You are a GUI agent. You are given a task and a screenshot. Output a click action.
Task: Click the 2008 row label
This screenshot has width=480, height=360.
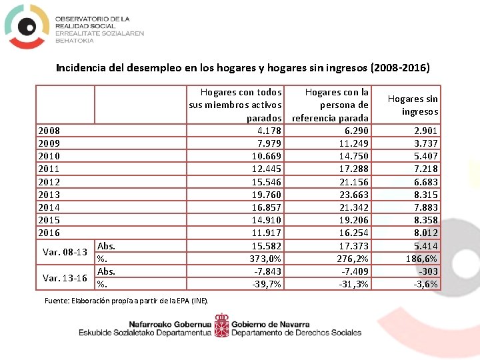coord(49,131)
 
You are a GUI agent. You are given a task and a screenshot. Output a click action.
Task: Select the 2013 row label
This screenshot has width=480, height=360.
coord(49,195)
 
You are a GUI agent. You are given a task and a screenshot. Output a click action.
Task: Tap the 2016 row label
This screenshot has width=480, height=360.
coord(49,233)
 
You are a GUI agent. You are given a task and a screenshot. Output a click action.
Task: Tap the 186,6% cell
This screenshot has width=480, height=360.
coord(422,259)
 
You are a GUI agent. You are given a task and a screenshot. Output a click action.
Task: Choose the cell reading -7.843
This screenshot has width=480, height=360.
coord(267,271)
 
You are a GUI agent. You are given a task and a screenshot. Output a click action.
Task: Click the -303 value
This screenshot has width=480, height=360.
coord(428,271)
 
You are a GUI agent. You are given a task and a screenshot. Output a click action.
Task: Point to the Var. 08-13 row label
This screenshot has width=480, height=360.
coord(65,252)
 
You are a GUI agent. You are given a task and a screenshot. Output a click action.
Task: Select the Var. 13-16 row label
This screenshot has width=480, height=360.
coord(65,277)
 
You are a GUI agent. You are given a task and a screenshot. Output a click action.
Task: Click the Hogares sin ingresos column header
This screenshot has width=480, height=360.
coord(413,105)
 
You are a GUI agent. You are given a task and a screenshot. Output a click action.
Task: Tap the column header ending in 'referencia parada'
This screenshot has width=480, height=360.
coord(331,105)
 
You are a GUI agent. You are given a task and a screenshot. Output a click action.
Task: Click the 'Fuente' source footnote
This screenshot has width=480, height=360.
coord(126,301)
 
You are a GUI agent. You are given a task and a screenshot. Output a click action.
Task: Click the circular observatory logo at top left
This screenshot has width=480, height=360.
coord(27,26)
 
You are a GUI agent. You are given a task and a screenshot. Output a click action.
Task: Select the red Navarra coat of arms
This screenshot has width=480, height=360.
coord(222,328)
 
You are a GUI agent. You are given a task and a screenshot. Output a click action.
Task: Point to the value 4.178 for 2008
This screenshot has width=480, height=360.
coord(267,131)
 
